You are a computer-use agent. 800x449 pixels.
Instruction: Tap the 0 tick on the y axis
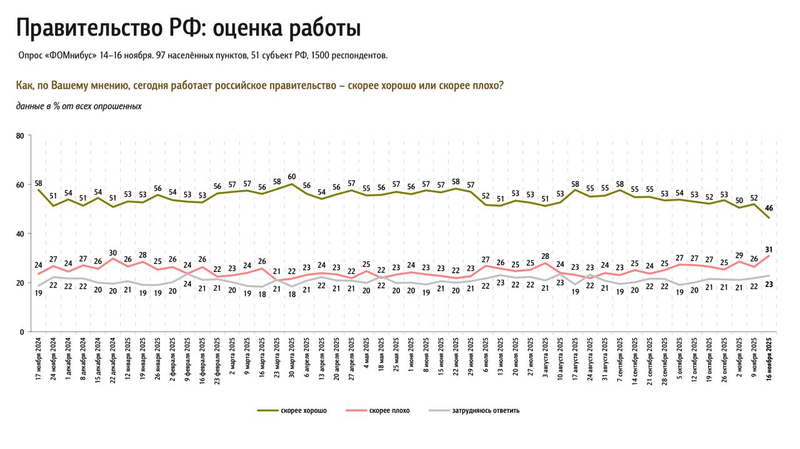(x=21, y=332)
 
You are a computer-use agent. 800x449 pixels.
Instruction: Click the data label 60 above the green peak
(x=291, y=176)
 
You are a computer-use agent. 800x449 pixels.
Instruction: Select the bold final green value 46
(x=769, y=208)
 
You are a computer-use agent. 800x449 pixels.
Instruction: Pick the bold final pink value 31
(x=769, y=250)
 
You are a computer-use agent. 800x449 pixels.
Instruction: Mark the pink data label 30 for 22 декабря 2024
(x=113, y=253)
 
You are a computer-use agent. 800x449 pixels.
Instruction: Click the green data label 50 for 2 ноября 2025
(x=739, y=200)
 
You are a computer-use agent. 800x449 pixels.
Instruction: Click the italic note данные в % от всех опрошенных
(x=79, y=106)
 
